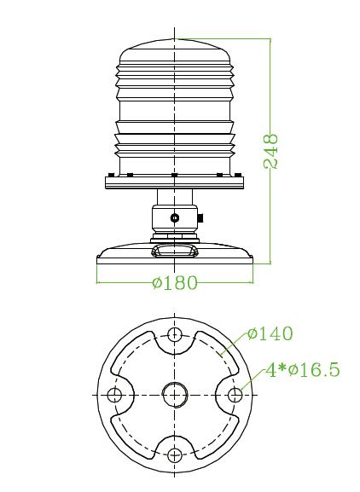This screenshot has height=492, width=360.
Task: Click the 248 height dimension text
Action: [272, 151]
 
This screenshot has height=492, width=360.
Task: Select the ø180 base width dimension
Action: [175, 282]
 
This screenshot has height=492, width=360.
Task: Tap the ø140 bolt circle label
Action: [270, 333]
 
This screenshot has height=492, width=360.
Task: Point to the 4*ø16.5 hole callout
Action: [302, 369]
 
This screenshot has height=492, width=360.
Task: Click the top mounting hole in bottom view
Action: [175, 333]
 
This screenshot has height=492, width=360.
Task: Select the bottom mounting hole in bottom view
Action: [175, 454]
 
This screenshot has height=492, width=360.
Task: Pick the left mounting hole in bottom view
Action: [114, 394]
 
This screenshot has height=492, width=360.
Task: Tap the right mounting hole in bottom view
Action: [235, 394]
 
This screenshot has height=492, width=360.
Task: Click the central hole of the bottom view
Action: [175, 394]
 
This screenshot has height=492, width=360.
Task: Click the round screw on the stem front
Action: [175, 218]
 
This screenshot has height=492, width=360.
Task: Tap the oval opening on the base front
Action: [175, 251]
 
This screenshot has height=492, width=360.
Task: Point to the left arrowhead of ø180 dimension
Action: [100, 282]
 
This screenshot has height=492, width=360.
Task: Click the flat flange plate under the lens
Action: [175, 182]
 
